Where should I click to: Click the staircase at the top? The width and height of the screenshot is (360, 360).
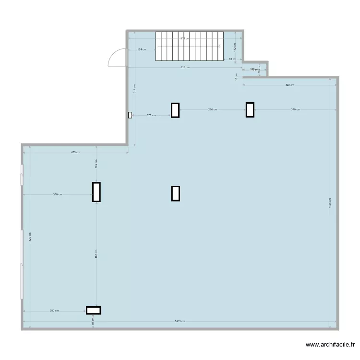(x=190, y=47)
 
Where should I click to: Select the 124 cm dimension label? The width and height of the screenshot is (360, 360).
(x=142, y=49)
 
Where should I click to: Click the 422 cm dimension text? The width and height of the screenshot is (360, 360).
(x=289, y=85)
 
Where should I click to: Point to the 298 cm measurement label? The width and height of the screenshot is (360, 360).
(x=213, y=110)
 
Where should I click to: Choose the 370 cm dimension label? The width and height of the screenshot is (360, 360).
(x=295, y=110)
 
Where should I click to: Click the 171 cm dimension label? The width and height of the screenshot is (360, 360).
(x=151, y=115)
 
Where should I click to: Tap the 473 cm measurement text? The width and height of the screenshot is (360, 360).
(x=75, y=152)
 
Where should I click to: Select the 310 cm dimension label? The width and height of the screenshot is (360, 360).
(x=58, y=194)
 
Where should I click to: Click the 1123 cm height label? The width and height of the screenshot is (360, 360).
(x=330, y=203)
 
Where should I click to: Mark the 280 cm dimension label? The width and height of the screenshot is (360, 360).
(x=54, y=311)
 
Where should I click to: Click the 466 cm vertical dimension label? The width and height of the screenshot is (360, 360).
(x=97, y=254)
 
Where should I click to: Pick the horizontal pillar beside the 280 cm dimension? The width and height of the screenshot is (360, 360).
(x=94, y=310)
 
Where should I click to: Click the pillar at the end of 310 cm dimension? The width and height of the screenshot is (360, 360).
(x=96, y=192)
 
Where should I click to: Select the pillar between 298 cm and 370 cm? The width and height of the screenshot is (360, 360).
(x=250, y=110)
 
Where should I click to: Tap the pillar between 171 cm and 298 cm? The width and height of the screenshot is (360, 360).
(x=175, y=110)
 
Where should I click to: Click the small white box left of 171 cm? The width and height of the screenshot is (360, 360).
(x=130, y=115)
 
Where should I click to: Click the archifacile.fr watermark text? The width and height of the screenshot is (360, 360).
(x=331, y=345)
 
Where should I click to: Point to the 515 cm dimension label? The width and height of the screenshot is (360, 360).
(x=185, y=67)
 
